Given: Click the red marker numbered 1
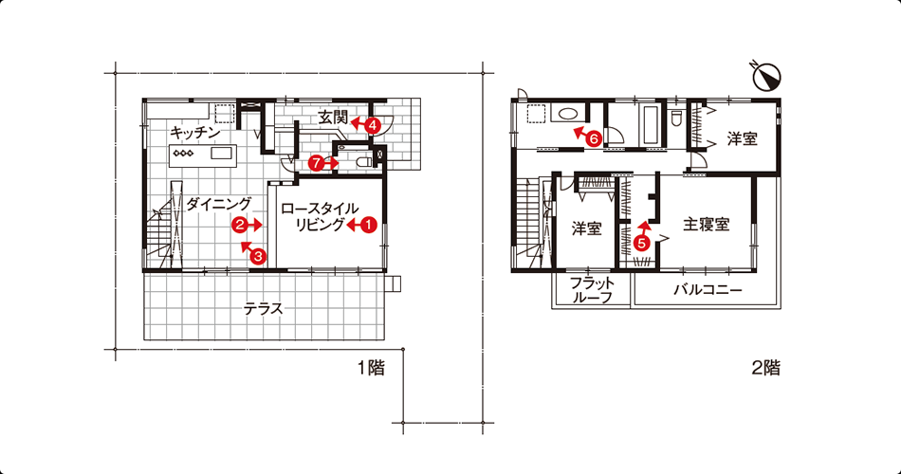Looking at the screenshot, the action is (x=368, y=226).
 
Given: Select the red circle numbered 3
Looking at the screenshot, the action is (x=258, y=256).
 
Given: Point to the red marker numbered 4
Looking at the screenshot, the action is (x=373, y=125).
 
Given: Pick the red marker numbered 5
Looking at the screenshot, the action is (x=641, y=243).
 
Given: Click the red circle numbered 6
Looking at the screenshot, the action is (x=594, y=138).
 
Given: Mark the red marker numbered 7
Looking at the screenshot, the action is (x=316, y=163).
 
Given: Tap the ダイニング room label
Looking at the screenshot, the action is (x=219, y=204).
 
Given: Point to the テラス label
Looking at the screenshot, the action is (x=263, y=309).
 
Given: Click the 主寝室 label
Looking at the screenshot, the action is (x=707, y=224).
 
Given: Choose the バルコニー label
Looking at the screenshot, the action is (x=708, y=289).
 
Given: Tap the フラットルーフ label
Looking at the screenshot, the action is (x=592, y=290).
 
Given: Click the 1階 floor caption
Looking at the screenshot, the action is (x=371, y=368).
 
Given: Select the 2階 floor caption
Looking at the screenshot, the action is (x=766, y=368).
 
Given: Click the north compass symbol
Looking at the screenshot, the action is (x=766, y=76).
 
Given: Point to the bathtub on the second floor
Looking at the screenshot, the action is (x=651, y=125).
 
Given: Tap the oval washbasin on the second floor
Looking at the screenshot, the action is (x=566, y=113).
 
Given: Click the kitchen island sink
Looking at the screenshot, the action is (x=221, y=154).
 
